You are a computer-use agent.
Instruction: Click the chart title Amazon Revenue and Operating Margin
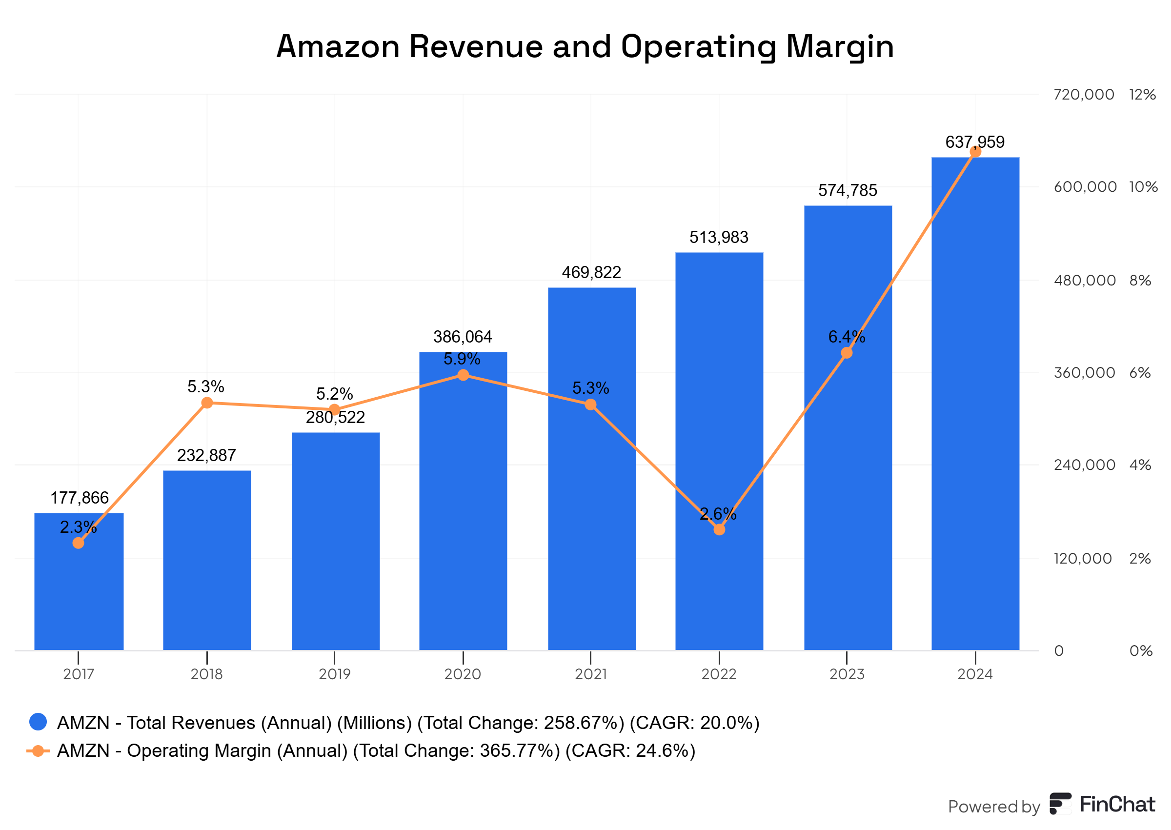click(x=585, y=46)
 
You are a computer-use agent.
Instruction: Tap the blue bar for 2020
click(x=463, y=511)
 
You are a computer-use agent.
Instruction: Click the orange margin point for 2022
click(x=719, y=529)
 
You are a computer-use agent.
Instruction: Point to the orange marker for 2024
click(x=975, y=152)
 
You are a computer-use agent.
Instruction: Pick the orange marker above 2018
click(x=207, y=403)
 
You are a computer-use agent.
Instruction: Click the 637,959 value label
click(x=974, y=142)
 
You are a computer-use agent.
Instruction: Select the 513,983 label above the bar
click(x=718, y=237)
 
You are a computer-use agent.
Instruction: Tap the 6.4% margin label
click(x=846, y=337)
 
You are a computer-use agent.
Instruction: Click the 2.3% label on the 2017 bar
click(x=78, y=527)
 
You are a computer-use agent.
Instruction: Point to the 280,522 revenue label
click(x=335, y=418)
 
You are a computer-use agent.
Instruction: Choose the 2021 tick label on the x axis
click(x=590, y=674)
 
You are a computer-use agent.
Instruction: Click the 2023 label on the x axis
click(x=847, y=674)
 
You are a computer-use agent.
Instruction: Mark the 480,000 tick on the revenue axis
click(x=1084, y=281)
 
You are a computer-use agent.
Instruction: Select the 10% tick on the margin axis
click(x=1143, y=187)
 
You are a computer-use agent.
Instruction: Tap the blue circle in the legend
click(x=39, y=722)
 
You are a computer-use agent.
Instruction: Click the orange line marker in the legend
click(x=38, y=750)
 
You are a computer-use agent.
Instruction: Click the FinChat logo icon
click(x=1061, y=804)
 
